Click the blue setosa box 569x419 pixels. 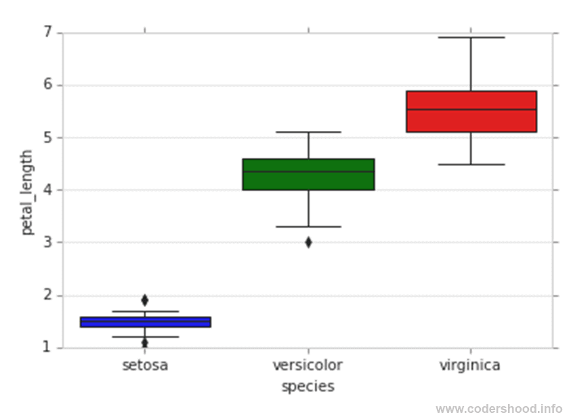point(145,322)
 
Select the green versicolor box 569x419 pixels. point(308,174)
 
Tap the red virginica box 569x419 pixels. point(471,112)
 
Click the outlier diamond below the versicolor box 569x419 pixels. point(308,242)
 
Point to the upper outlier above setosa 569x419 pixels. point(144,300)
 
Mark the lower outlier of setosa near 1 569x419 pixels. point(144,343)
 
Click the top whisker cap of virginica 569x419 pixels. point(471,37)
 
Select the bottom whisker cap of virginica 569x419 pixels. point(471,164)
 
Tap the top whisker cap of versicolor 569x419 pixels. point(308,132)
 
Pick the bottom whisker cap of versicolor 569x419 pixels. point(308,226)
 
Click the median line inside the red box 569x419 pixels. point(471,109)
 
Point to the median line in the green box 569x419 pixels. point(308,172)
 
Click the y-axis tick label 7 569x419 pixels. point(47,33)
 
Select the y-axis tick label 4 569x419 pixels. point(47,190)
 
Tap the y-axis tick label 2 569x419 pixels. point(47,296)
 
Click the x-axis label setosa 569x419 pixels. point(145,365)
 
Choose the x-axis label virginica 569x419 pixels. point(470,365)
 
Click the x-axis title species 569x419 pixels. point(308,386)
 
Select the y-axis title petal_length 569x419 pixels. point(27,193)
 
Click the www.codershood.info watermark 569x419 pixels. point(499,409)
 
